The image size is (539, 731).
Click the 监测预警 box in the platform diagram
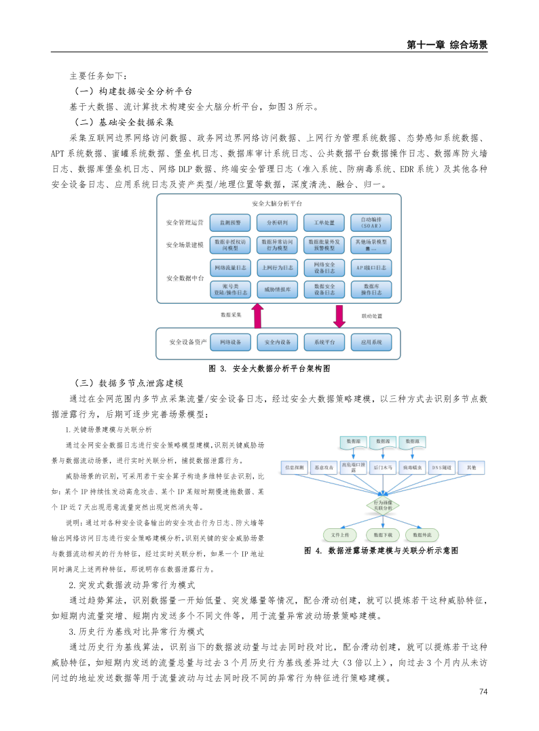[230, 222]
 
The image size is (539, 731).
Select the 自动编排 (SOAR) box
[371, 222]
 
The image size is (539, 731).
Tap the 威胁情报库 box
[277, 290]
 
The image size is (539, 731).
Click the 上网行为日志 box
[277, 267]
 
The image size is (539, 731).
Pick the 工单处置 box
[324, 222]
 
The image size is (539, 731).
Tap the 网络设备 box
[230, 342]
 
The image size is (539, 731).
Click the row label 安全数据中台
[184, 278]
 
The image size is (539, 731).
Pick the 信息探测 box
[297, 467]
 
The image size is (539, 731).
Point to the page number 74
[483, 692]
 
